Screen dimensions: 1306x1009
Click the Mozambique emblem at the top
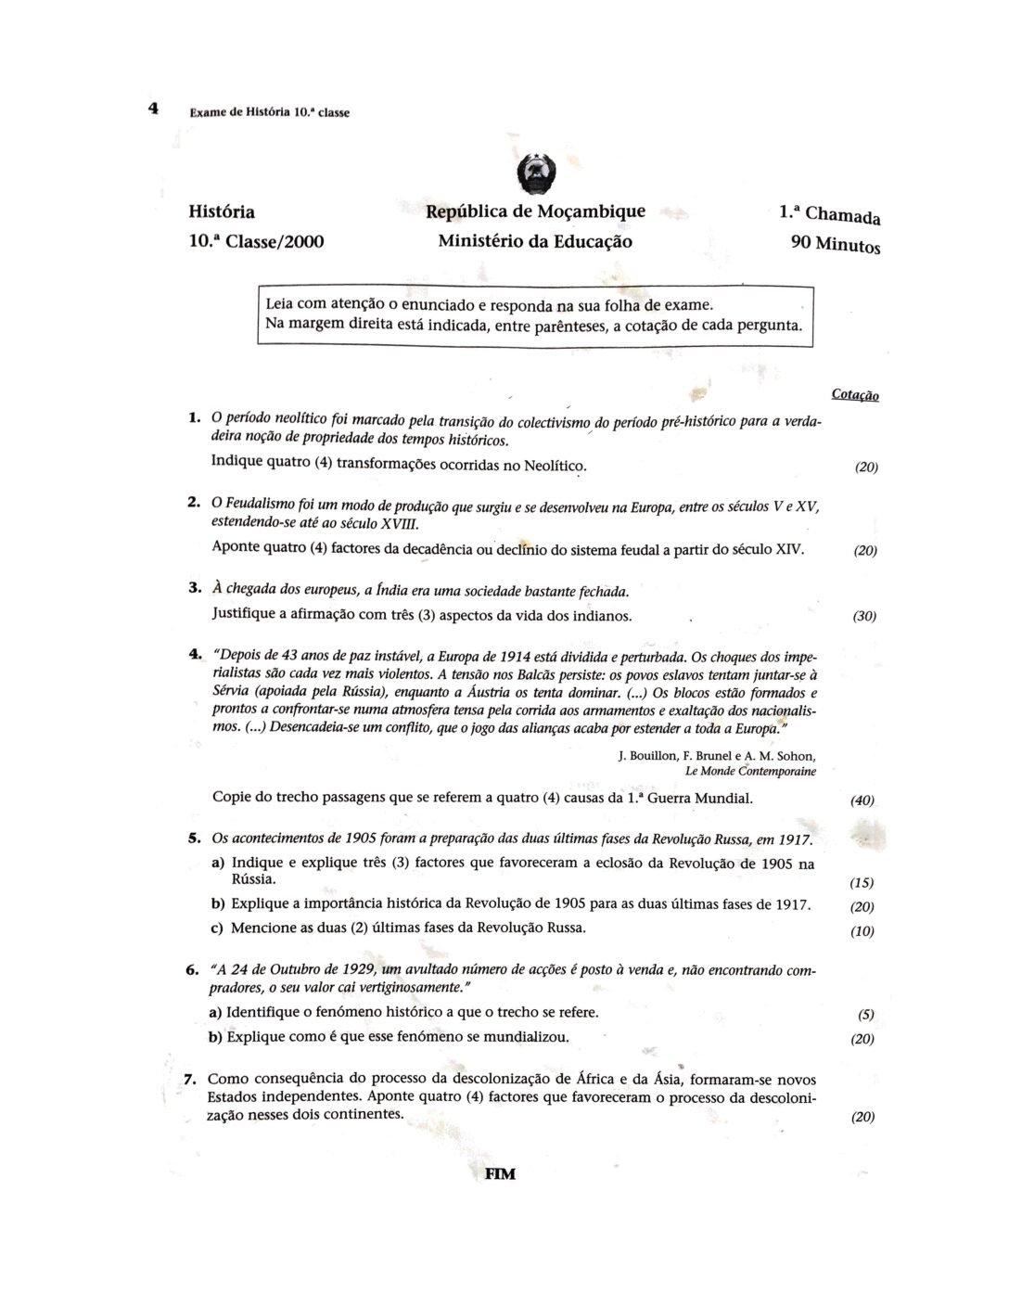pyautogui.click(x=535, y=173)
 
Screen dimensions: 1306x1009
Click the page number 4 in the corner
pyautogui.click(x=154, y=109)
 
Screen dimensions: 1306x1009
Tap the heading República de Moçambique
pyautogui.click(x=535, y=211)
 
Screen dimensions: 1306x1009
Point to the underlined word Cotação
pyautogui.click(x=855, y=395)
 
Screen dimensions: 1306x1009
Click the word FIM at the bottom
pyautogui.click(x=500, y=1173)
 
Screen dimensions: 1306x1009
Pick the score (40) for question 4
pyautogui.click(x=862, y=800)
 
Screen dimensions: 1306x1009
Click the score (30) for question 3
pyautogui.click(x=864, y=616)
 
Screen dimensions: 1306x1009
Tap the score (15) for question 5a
pyautogui.click(x=862, y=882)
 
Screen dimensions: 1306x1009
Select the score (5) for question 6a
pyautogui.click(x=866, y=1015)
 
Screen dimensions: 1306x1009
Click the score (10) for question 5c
pyautogui.click(x=862, y=931)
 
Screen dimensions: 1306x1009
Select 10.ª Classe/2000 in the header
pyautogui.click(x=256, y=242)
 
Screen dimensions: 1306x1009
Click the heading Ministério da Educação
pyautogui.click(x=535, y=241)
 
